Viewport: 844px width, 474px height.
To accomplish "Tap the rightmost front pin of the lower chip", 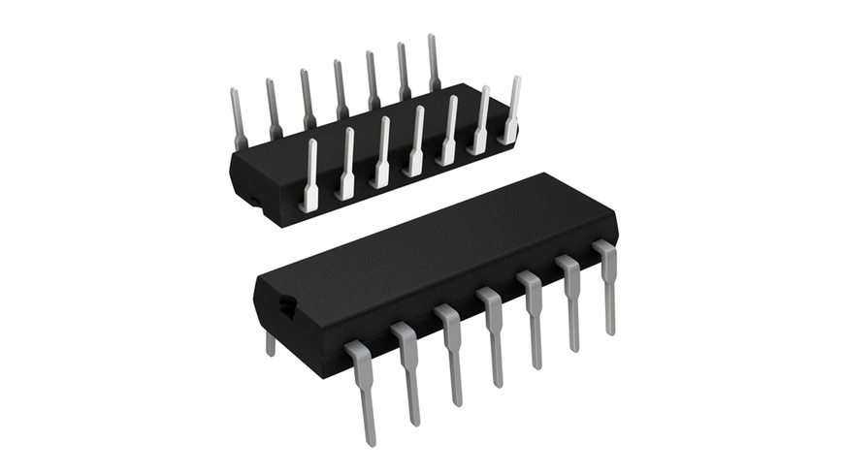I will tap(607, 286).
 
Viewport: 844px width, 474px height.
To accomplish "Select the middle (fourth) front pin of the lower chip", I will tap(494, 336).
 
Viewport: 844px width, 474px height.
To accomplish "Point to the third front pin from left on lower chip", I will tap(452, 355).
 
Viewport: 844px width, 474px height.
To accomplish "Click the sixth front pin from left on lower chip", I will tap(570, 301).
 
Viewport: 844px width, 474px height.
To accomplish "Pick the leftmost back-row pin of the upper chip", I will tap(238, 116).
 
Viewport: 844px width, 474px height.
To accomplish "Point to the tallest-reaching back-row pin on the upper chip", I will tap(432, 63).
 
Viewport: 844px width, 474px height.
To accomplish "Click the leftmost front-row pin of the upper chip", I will tap(310, 174).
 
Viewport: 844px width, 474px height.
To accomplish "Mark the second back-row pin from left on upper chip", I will tap(273, 107).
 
